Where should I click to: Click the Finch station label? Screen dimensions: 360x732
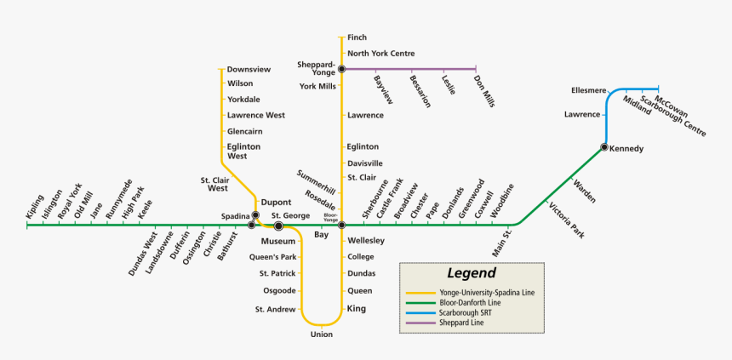357,38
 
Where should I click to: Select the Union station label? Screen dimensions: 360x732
322,334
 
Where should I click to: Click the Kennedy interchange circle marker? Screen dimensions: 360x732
603,148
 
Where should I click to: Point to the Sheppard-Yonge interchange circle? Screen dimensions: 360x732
341,69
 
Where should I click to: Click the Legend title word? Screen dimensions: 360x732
471,273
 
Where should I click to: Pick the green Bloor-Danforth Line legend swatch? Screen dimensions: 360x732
420,303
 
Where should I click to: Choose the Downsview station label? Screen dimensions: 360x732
249,69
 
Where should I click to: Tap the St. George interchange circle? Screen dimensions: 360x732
278,226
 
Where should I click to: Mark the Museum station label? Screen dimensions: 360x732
278,242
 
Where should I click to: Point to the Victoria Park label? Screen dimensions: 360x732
568,220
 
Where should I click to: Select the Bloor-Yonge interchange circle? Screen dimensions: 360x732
341,226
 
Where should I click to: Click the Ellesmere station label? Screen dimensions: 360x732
589,89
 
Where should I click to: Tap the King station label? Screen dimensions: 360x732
357,308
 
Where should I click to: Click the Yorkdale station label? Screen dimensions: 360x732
244,100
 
